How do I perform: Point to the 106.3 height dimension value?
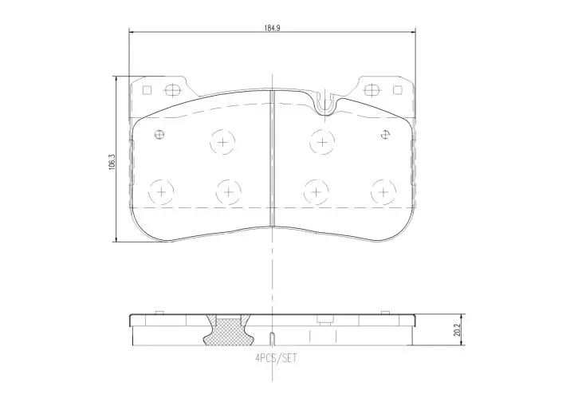pos(112,160)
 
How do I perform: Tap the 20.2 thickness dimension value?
pos(456,329)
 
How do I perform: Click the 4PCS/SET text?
pos(275,358)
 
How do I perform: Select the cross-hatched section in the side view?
pos(226,330)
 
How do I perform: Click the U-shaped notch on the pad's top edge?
pos(324,101)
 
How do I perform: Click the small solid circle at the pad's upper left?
pos(159,133)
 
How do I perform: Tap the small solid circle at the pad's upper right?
pos(386,133)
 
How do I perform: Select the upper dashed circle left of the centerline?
pos(222,142)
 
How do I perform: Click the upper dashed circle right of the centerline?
pos(321,142)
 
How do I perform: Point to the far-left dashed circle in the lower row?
pos(162,191)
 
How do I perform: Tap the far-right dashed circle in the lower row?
pos(384,191)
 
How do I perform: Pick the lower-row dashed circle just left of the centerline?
pos(229,191)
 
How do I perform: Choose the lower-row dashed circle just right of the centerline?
pos(317,191)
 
